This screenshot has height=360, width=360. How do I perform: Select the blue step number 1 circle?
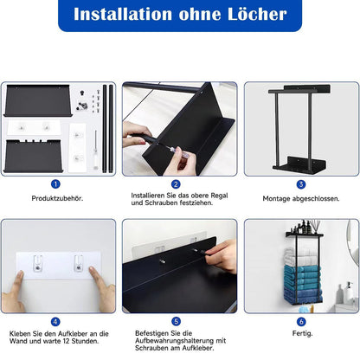(55, 183)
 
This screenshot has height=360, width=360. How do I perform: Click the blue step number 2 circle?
(176, 183)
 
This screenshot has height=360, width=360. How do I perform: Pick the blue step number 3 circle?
(301, 183)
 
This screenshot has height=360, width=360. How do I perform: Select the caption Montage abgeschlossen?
(301, 199)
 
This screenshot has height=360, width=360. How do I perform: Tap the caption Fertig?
(301, 333)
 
